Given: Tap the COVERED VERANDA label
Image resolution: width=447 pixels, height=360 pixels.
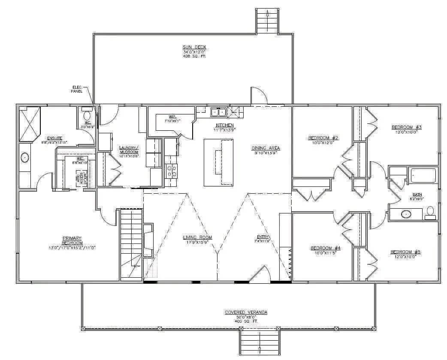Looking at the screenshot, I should point(246,312).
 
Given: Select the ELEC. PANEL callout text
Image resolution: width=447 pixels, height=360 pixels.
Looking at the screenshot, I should point(77,89).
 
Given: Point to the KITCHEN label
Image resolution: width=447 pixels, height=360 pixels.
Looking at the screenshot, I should point(224,125).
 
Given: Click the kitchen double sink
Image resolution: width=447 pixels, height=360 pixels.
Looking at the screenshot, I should point(218,112).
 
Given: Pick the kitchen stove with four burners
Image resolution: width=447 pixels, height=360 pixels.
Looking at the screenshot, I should point(172,171).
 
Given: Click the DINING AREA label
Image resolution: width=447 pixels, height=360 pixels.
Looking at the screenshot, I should point(266,148).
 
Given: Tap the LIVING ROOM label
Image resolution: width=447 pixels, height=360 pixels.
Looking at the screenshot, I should point(198,237).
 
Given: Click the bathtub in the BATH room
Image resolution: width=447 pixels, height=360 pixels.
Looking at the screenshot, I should point(423,176).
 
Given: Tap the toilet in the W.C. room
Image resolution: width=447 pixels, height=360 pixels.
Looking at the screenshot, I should point(87,115).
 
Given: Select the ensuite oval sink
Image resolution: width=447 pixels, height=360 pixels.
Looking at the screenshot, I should point(24,158).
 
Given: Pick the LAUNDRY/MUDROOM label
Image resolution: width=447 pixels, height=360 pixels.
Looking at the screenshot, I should point(129,150).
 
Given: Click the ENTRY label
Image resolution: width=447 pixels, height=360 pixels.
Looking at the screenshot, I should point(263,237).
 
